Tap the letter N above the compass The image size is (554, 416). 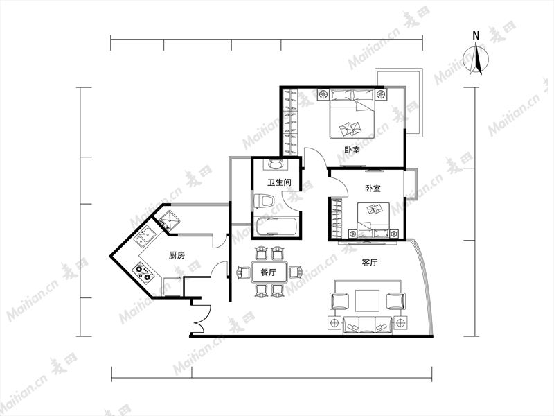pos(476,35)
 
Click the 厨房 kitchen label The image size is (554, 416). pos(177,255)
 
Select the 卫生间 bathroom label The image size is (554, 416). pos(279,182)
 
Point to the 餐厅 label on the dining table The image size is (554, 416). pos(268,272)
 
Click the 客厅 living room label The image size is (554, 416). pos(370,263)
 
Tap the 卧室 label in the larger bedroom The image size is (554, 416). pos(352,150)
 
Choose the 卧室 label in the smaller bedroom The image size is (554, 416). pos(373,188)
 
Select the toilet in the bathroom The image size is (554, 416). pos(264,201)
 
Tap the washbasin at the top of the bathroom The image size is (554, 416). pos(276,164)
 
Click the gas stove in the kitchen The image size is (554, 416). pos(143,272)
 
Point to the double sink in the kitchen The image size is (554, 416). pos(145,236)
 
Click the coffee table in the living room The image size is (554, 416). pos(368,301)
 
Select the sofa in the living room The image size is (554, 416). pos(368,325)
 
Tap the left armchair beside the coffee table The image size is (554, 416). pos(339,302)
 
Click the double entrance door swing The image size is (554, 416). pos(202,319)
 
